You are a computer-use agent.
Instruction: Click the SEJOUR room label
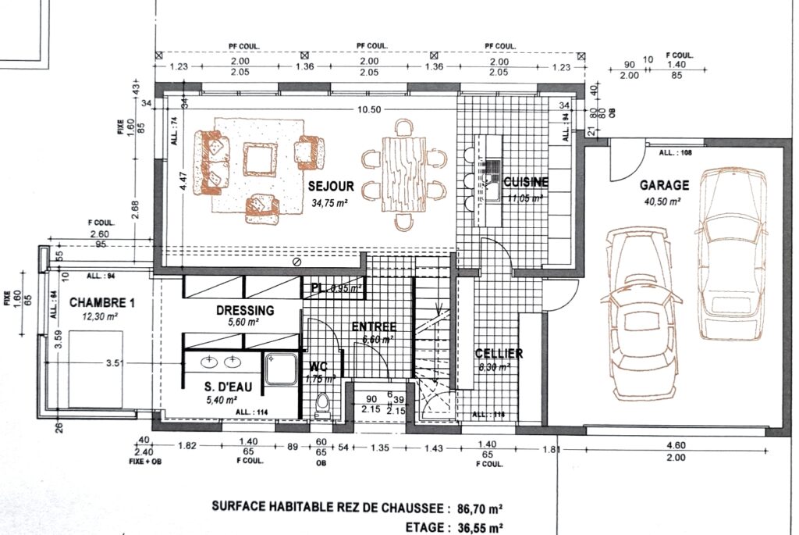pos(331,187)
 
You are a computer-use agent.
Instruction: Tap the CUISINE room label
pos(526,182)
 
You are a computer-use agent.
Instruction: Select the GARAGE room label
pos(664,185)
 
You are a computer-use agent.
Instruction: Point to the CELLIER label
pos(499,353)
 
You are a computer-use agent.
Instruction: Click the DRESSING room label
pos(245,310)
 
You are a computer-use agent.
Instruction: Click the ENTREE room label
pos(374,326)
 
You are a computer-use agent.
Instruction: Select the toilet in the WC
pos(321,403)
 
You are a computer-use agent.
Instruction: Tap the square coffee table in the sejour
pos(260,159)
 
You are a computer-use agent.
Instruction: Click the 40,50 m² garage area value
pos(664,201)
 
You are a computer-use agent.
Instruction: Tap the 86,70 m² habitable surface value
pos(475,506)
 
